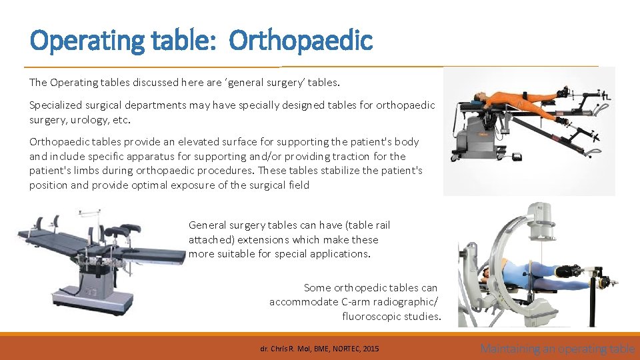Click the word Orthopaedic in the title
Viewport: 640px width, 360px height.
point(301,41)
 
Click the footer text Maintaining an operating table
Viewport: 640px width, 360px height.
point(557,348)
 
